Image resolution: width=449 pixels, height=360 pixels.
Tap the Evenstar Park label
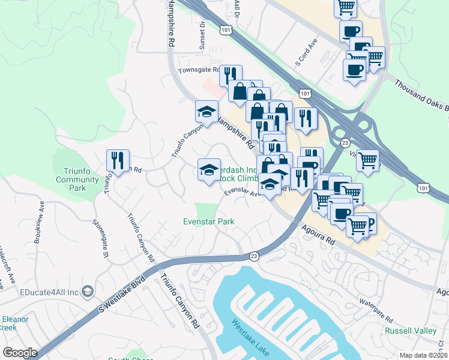[x=208, y=221]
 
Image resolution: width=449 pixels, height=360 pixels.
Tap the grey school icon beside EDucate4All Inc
[x=88, y=291]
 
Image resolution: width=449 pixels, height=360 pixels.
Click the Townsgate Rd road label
[x=199, y=70]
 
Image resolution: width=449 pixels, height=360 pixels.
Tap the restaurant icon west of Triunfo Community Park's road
[x=116, y=160]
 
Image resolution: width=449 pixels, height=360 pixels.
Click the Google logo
[x=20, y=353]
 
